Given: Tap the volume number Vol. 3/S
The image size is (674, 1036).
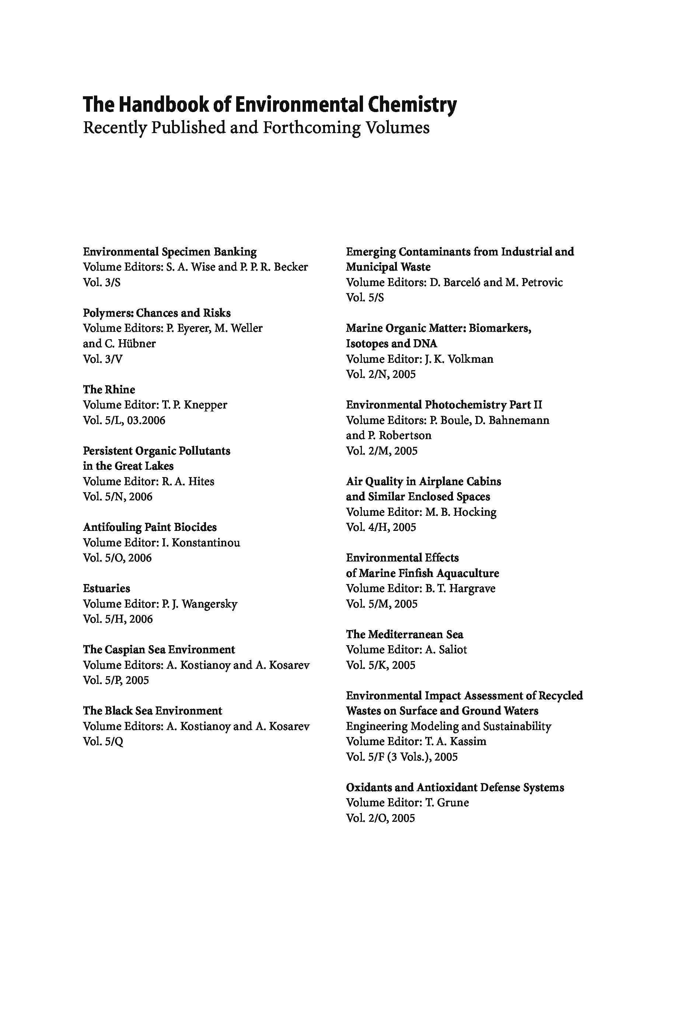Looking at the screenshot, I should click(101, 282).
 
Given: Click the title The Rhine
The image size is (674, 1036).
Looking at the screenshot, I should click(109, 390).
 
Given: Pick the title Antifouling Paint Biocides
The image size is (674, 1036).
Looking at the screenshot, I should click(150, 527).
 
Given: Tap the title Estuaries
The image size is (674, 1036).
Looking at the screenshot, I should click(106, 588).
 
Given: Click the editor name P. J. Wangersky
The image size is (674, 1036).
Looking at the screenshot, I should click(199, 604).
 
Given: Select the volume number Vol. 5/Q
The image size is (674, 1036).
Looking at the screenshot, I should click(103, 741).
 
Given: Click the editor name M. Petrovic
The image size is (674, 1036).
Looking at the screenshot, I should click(534, 282).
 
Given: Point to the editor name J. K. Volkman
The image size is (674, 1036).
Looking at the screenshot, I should click(459, 359).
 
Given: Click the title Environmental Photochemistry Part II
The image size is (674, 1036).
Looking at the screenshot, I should click(444, 405).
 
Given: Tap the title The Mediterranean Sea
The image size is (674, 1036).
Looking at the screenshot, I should click(404, 634).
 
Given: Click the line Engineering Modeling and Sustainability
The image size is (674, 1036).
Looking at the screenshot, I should click(448, 726).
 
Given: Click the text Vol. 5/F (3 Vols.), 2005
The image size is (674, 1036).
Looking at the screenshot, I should click(402, 757).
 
